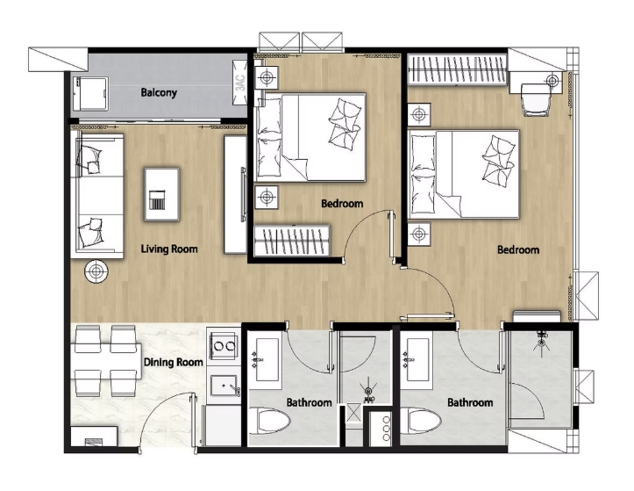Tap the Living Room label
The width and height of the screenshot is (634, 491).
169,249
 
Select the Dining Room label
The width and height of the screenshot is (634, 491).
173,362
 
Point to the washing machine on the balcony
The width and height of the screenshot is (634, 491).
89,92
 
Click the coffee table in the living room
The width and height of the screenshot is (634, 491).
160,191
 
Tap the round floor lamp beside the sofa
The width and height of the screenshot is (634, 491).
95,271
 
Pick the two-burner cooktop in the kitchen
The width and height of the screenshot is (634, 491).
224,346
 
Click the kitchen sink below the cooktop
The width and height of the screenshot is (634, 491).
224,384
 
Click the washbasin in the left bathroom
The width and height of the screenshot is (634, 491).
261,360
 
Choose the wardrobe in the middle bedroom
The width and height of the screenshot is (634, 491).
291,241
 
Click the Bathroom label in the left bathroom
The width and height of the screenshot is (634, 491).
309,403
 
